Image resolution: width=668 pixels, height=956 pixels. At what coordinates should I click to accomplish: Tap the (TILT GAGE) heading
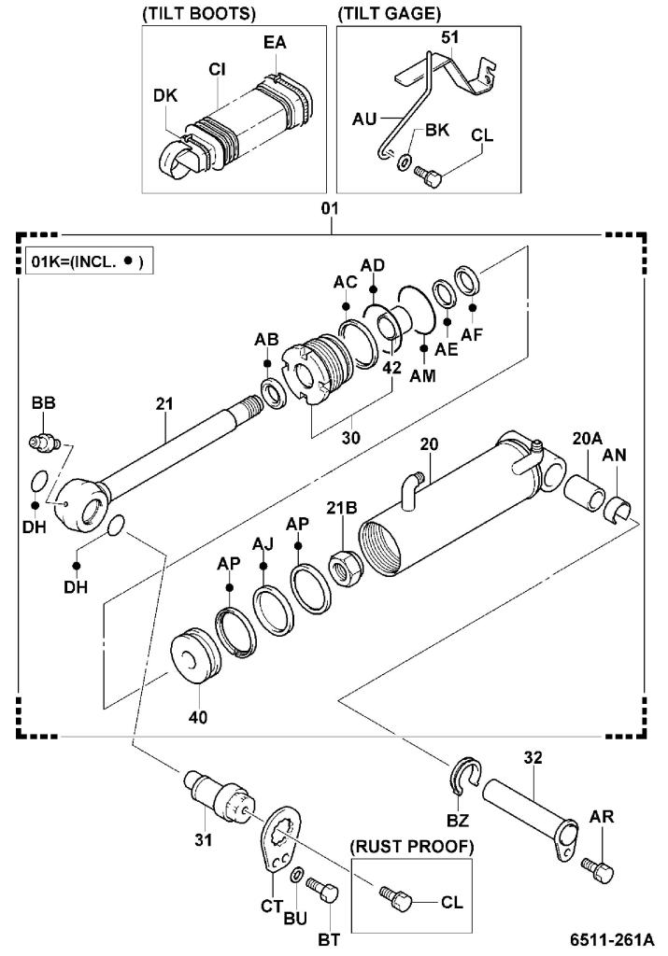(x=388, y=13)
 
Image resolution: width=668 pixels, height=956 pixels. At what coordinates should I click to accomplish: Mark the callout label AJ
(x=263, y=542)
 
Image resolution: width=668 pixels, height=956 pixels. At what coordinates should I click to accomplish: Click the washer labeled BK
(x=403, y=162)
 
